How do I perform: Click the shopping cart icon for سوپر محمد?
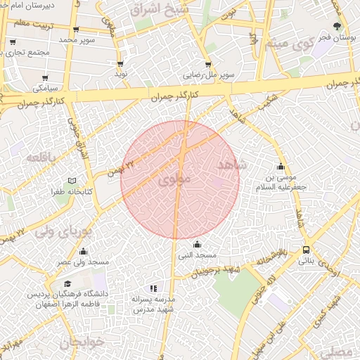76,30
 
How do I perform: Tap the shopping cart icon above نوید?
120,63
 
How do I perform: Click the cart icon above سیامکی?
46,78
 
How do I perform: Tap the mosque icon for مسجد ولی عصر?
84,252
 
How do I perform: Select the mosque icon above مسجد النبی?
196,245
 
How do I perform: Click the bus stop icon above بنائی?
306,250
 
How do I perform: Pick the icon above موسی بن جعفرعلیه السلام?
281,167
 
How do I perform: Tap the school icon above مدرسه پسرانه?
153,288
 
